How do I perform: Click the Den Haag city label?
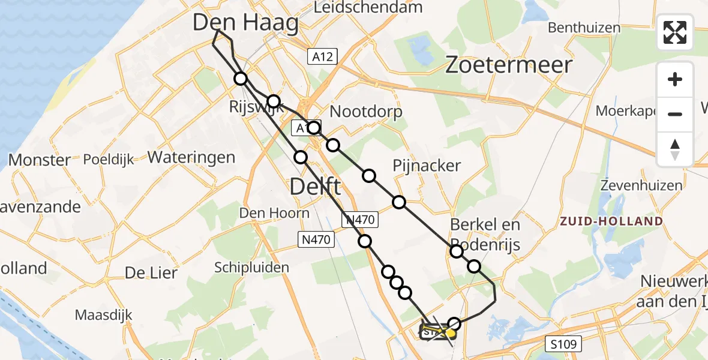click(x=246, y=24)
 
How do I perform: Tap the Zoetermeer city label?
click(x=509, y=65)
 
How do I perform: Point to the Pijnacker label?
click(x=427, y=166)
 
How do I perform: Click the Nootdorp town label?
click(x=366, y=112)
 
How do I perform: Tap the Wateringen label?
click(x=191, y=158)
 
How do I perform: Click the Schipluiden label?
click(x=252, y=268)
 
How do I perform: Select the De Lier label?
click(x=151, y=273)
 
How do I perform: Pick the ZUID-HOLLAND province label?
click(x=611, y=221)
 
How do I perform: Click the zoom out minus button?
click(x=675, y=114)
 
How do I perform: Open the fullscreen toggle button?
click(x=675, y=32)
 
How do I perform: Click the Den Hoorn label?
click(x=274, y=213)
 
